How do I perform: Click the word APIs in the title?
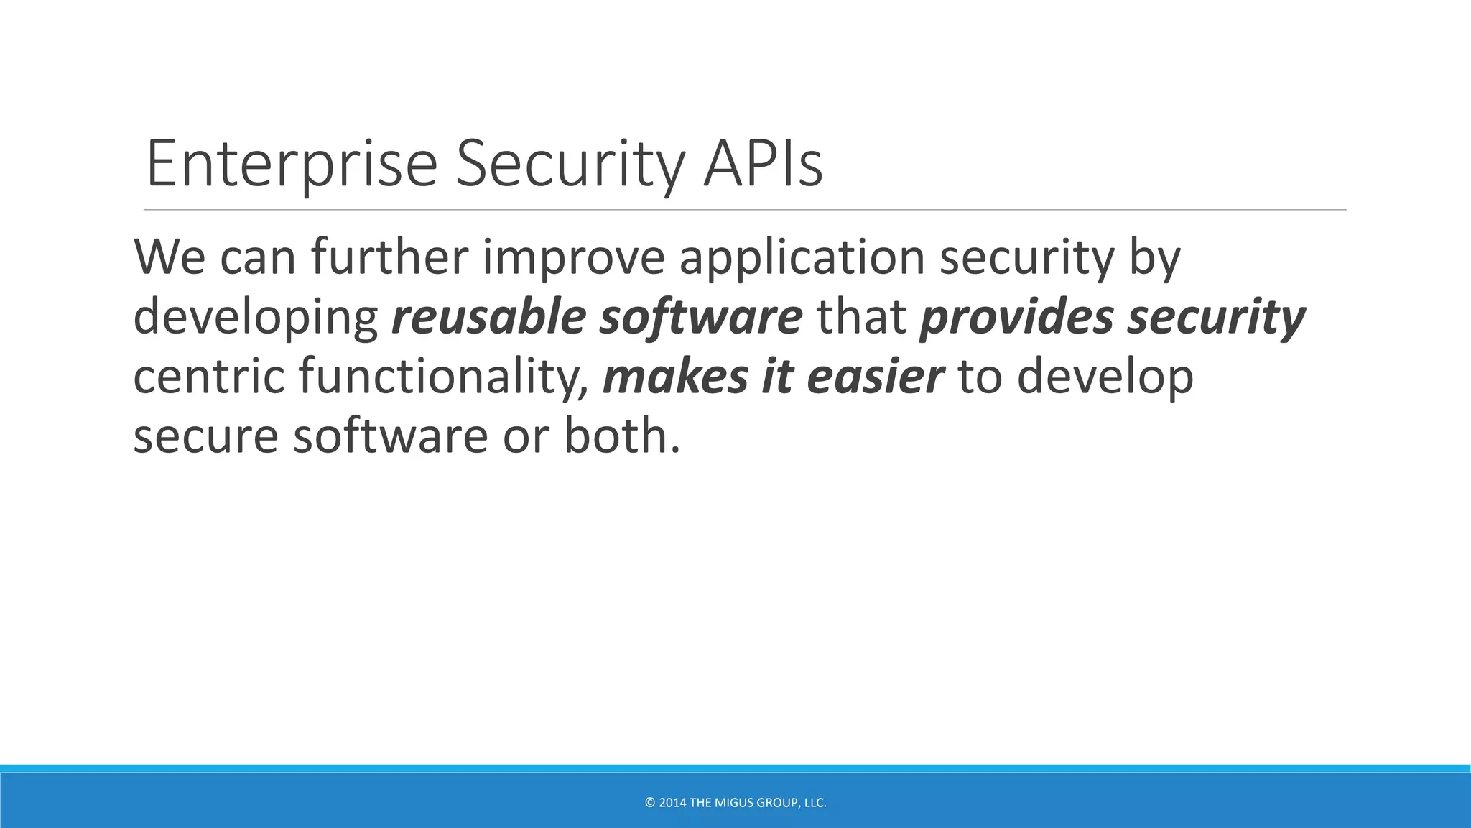pyautogui.click(x=763, y=164)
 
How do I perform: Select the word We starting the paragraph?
pyautogui.click(x=170, y=257)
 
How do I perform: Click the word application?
pyautogui.click(x=802, y=258)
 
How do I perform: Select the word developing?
pyautogui.click(x=256, y=318)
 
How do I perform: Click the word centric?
pyautogui.click(x=208, y=376)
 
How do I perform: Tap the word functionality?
pyautogui.click(x=444, y=377)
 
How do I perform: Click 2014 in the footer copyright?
pyautogui.click(x=672, y=803)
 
